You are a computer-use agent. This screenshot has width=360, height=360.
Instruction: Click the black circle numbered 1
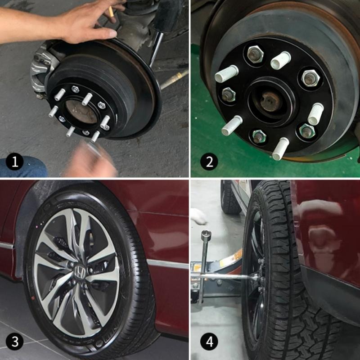click(x=15, y=162)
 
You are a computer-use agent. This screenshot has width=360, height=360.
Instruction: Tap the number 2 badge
click(x=209, y=162)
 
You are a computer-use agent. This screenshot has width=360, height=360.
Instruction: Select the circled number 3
click(x=15, y=342)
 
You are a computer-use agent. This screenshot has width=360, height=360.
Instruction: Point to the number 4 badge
click(x=209, y=342)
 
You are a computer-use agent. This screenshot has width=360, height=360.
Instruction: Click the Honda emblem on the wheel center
click(x=80, y=271)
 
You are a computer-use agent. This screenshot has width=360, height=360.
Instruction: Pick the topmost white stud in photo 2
click(x=281, y=60)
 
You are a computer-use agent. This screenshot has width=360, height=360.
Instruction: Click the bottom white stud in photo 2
click(x=280, y=149)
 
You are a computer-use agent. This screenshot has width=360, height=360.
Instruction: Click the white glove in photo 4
click(x=198, y=216)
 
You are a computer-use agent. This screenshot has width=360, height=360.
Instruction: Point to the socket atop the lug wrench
click(x=207, y=235)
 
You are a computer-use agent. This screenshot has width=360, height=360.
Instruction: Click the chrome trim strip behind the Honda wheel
click(x=166, y=264)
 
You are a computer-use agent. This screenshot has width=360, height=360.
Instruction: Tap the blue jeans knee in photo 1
click(x=22, y=167)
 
